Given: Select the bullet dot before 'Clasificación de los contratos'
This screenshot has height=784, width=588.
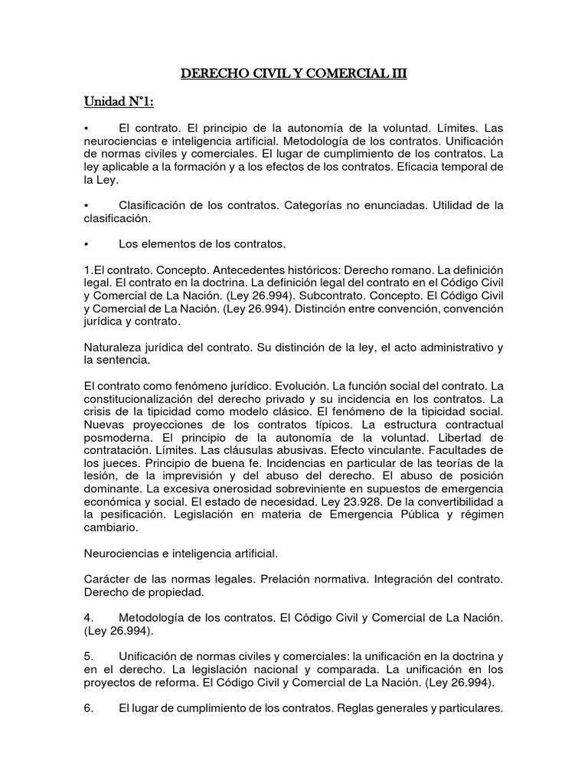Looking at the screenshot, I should point(88,204).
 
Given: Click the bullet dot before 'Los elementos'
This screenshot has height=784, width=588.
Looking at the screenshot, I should point(88,244).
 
